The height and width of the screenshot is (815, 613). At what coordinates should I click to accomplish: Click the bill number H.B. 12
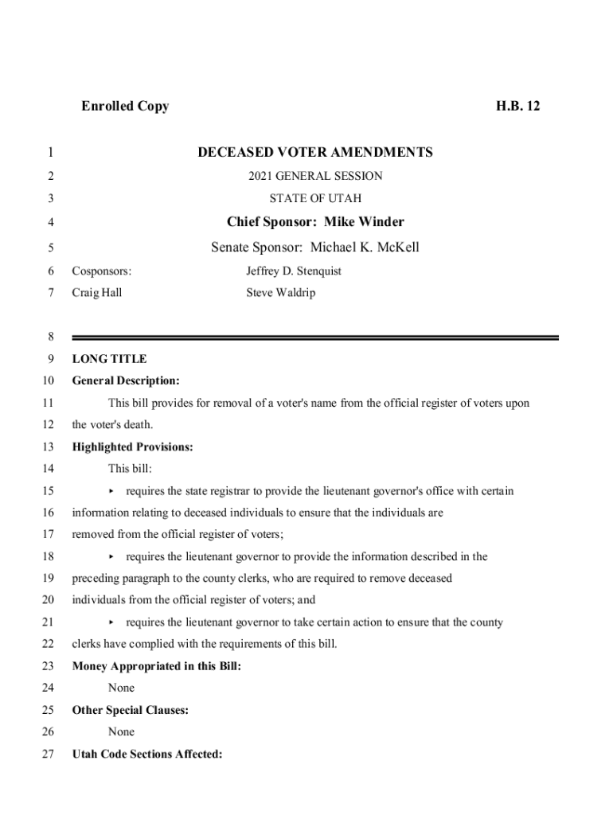pyautogui.click(x=517, y=106)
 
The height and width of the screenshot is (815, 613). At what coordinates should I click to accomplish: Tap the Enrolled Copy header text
pyautogui.click(x=125, y=106)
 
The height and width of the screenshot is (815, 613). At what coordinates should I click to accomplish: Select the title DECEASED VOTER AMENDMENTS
pyautogui.click(x=315, y=152)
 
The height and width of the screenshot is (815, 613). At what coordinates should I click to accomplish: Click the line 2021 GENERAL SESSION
pyautogui.click(x=315, y=176)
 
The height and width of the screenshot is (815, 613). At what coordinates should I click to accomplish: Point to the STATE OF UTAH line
pyautogui.click(x=315, y=198)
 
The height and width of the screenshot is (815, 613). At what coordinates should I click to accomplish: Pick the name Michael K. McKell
pyautogui.click(x=365, y=247)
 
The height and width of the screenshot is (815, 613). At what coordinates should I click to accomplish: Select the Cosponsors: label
pyautogui.click(x=102, y=271)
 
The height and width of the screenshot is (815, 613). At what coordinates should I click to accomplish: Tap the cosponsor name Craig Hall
pyautogui.click(x=97, y=293)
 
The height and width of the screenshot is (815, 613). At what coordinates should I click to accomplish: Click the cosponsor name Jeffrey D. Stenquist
pyautogui.click(x=294, y=271)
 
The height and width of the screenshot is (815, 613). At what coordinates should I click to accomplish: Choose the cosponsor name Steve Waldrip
pyautogui.click(x=281, y=293)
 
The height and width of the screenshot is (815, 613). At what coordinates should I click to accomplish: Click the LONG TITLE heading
pyautogui.click(x=109, y=359)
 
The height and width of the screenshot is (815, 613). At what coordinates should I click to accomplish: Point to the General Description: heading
pyautogui.click(x=126, y=381)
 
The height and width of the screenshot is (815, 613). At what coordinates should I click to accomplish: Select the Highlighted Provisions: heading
pyautogui.click(x=132, y=447)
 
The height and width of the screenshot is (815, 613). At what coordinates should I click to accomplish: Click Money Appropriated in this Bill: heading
pyautogui.click(x=157, y=666)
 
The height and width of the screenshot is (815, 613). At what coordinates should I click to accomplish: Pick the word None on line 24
pyautogui.click(x=122, y=688)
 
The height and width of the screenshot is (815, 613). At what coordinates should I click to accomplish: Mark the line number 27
pyautogui.click(x=49, y=754)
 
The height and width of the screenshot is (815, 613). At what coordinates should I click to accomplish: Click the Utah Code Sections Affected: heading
pyautogui.click(x=147, y=754)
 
